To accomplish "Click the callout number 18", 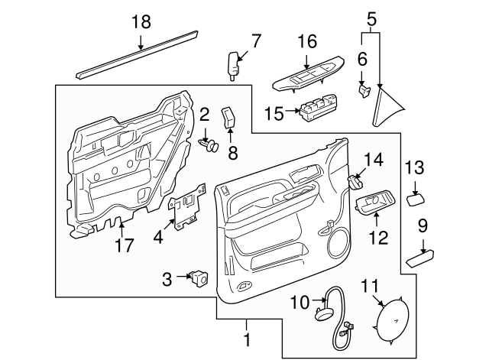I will coord(141,21).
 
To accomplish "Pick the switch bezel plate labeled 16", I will coord(304,76).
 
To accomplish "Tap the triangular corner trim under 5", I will coord(386,105).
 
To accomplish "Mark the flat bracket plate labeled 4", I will coord(186,210).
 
